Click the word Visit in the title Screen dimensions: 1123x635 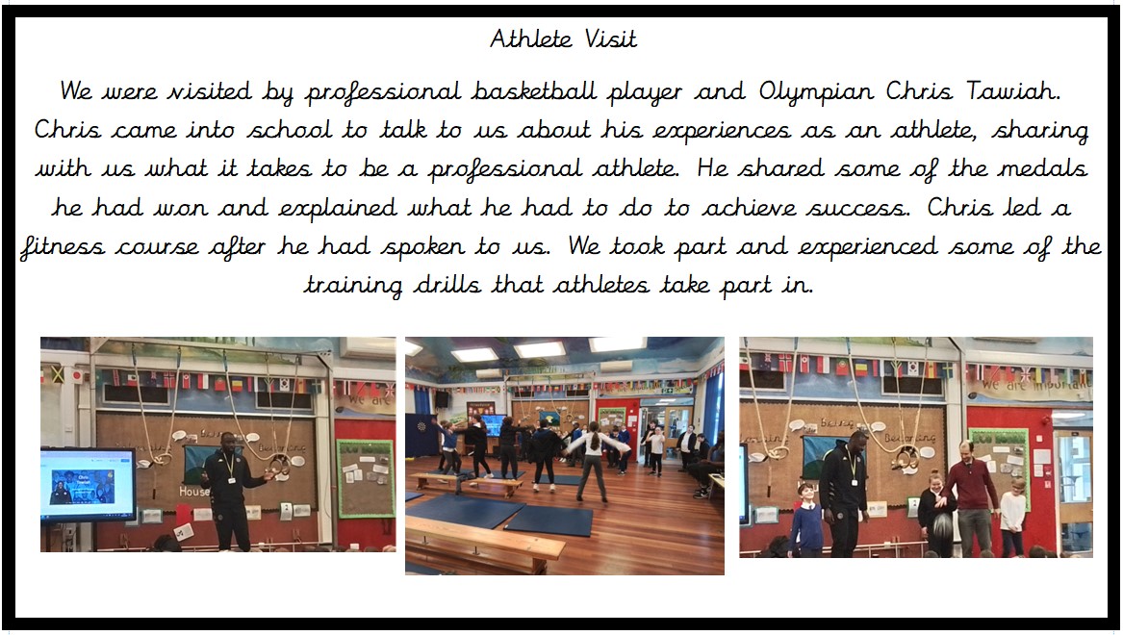click(x=610, y=38)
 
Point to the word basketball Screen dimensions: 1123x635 click(x=533, y=90)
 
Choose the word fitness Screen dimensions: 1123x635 click(x=63, y=247)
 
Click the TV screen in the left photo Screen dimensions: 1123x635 click(x=89, y=484)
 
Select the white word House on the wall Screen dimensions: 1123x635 click(x=194, y=492)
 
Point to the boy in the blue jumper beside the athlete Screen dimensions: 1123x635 click(x=807, y=519)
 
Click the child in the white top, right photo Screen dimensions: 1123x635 click(x=1012, y=517)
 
